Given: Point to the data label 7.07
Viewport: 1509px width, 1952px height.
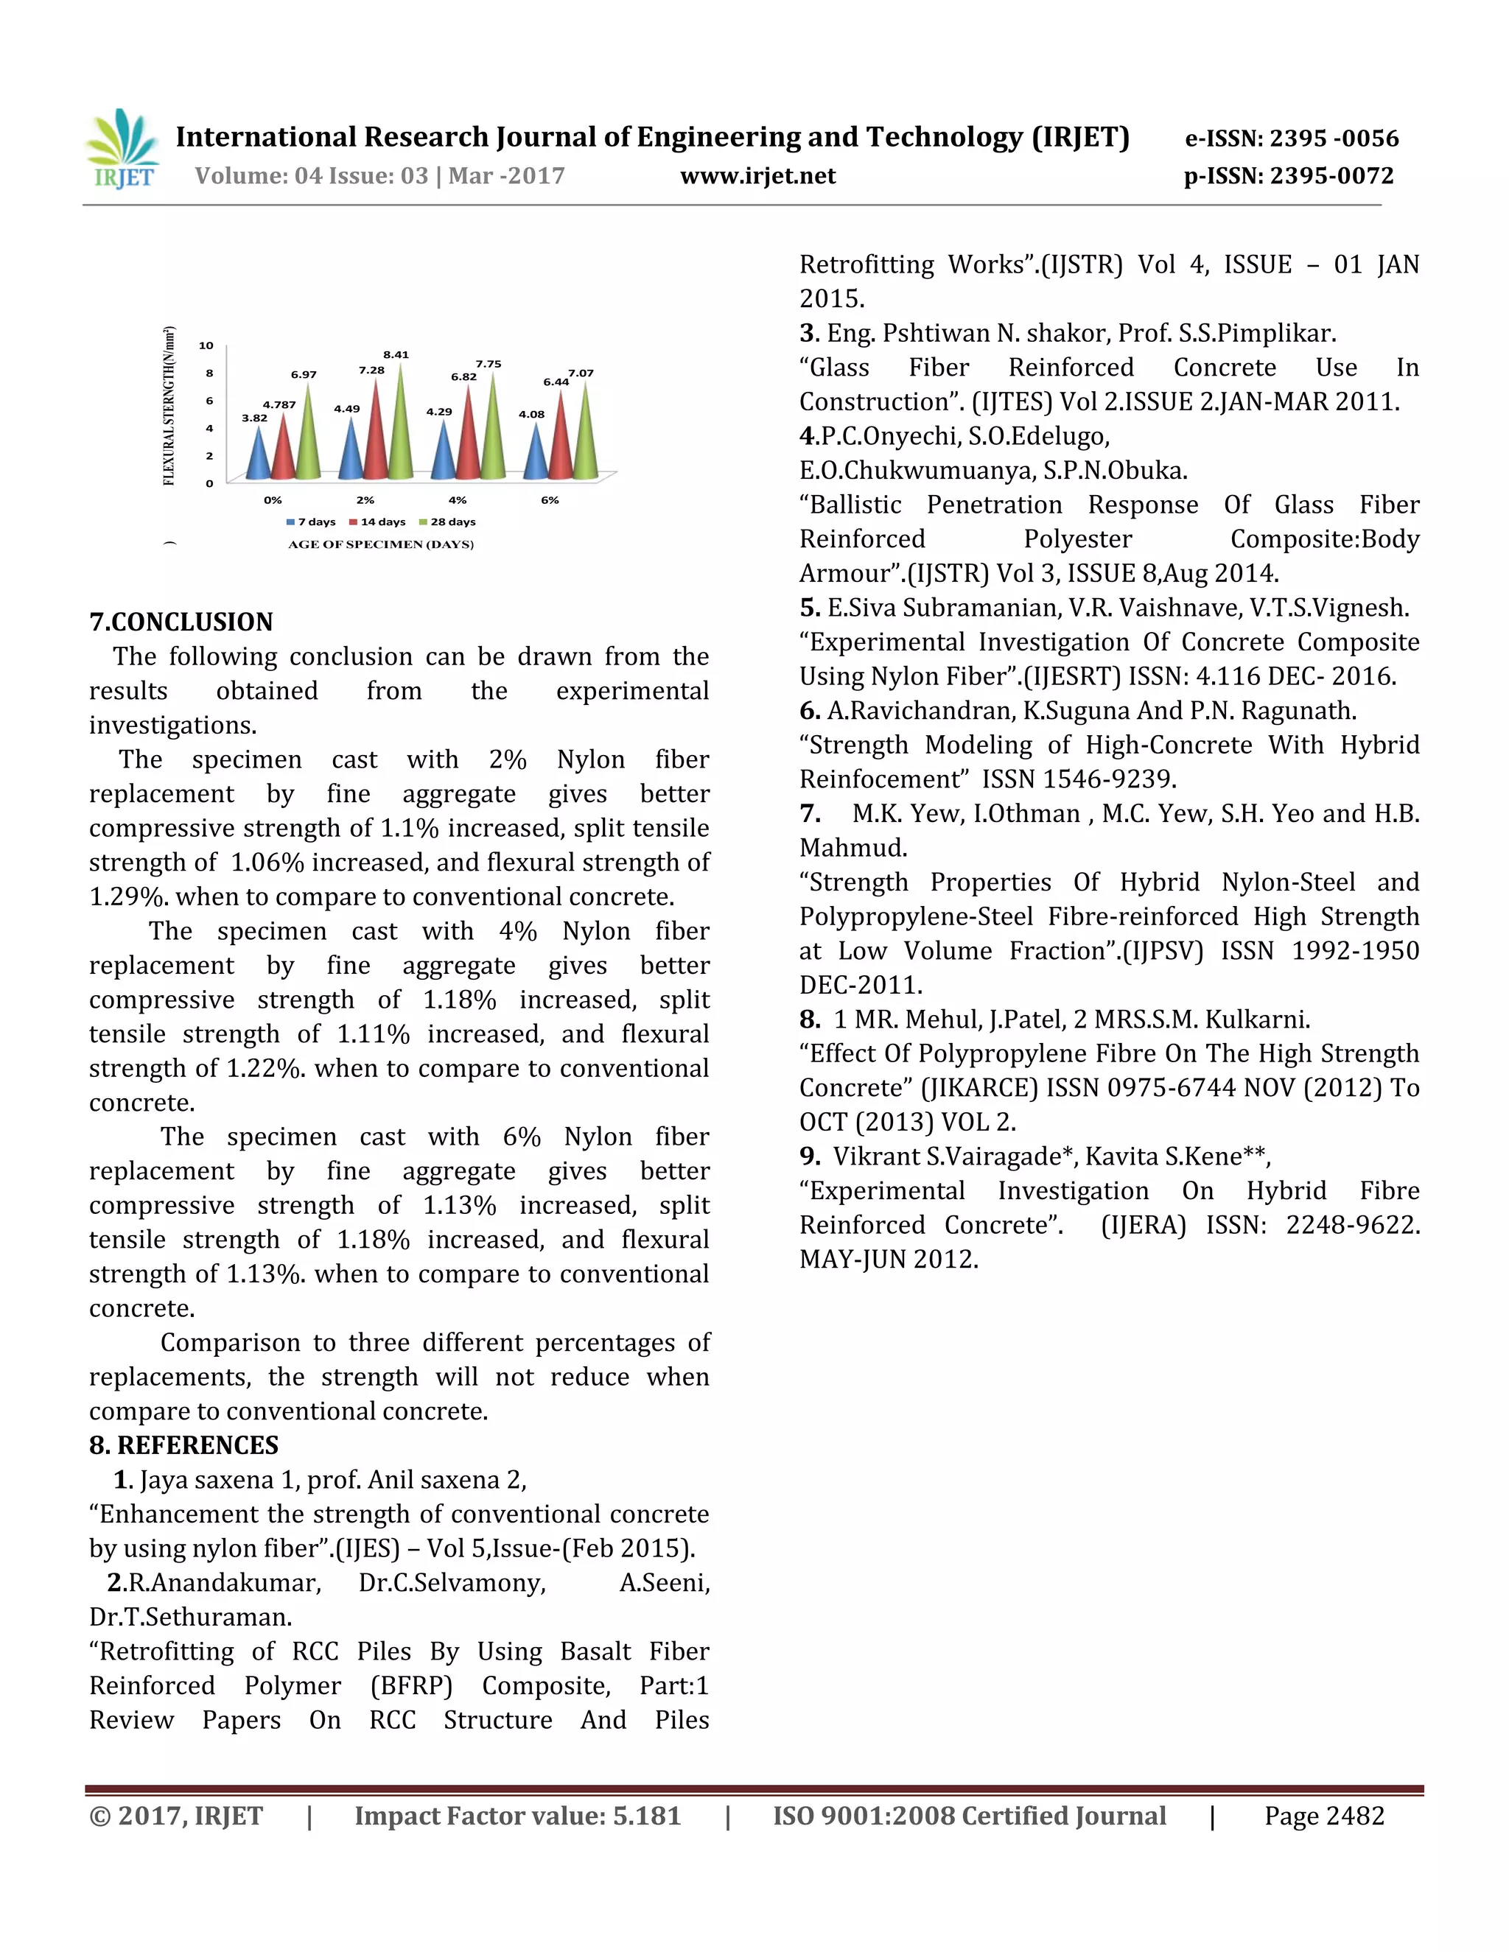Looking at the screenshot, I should click(581, 373).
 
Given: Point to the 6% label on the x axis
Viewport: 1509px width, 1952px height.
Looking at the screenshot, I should click(550, 500).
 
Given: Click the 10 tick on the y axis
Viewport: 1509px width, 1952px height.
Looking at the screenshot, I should click(206, 346).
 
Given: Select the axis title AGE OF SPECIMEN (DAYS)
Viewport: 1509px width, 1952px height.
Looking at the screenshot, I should click(381, 544).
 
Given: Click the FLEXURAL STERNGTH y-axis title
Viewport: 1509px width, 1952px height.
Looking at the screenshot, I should click(169, 407).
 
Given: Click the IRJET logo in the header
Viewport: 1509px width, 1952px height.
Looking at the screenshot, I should click(123, 150).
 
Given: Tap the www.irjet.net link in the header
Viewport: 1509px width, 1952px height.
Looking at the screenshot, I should click(758, 176).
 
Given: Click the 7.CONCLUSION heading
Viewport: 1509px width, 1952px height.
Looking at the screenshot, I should click(181, 622).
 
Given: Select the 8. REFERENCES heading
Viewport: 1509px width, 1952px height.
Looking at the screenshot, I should click(183, 1445).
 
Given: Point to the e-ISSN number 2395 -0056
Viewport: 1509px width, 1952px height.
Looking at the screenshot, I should click(1334, 138).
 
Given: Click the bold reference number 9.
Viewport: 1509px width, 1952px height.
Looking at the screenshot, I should click(809, 1156).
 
